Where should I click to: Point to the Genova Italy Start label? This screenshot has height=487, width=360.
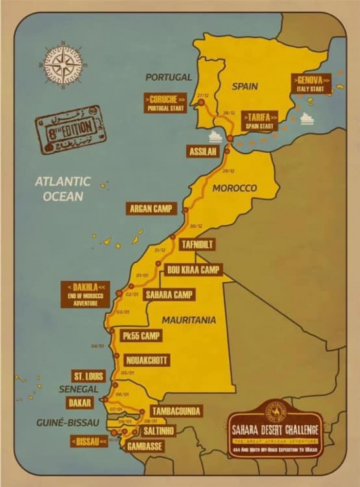311,84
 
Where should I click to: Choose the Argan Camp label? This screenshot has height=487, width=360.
151,209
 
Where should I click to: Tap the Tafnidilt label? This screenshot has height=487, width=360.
198,244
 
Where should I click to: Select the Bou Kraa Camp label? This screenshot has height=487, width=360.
193,270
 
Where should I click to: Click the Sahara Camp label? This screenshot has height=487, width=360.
169,294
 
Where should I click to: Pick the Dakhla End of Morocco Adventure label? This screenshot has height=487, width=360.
86,294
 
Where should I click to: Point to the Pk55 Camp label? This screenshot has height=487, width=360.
141,336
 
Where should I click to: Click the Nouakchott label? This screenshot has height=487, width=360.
147,361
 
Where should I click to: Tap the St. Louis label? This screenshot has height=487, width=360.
88,376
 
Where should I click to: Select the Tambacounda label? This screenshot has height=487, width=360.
175,411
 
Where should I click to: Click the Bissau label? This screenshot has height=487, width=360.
89,441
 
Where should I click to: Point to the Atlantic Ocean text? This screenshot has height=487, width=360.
63,188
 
